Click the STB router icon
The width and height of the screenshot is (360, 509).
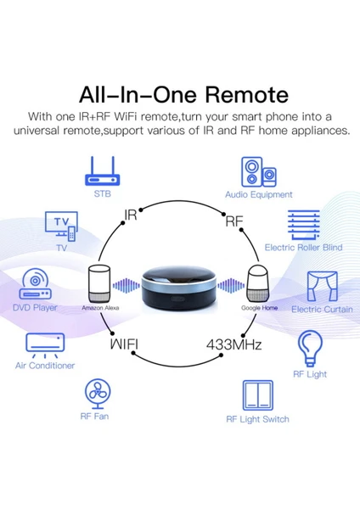click(x=103, y=171)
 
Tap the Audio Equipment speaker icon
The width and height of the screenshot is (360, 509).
click(x=259, y=172)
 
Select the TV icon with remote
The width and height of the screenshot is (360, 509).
click(x=61, y=227)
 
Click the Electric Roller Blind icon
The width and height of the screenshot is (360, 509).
click(x=303, y=225)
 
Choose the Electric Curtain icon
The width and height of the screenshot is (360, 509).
click(x=323, y=287)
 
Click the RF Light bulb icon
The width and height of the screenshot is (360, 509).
click(x=310, y=349)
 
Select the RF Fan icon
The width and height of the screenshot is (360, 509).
click(x=98, y=394)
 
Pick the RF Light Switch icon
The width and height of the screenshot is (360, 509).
click(x=258, y=395)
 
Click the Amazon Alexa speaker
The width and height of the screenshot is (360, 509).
click(x=99, y=283)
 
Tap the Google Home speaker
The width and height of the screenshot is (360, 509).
click(x=258, y=283)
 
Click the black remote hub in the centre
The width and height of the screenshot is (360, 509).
click(x=179, y=287)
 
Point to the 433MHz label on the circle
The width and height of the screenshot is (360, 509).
click(x=234, y=344)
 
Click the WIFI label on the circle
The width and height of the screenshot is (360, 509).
click(x=124, y=344)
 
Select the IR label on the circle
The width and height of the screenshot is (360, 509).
click(x=131, y=215)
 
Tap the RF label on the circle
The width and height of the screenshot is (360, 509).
click(x=234, y=221)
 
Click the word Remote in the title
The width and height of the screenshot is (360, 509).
click(x=247, y=95)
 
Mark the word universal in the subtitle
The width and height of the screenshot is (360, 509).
click(x=37, y=131)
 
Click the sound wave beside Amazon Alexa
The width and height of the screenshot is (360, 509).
click(x=126, y=286)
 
